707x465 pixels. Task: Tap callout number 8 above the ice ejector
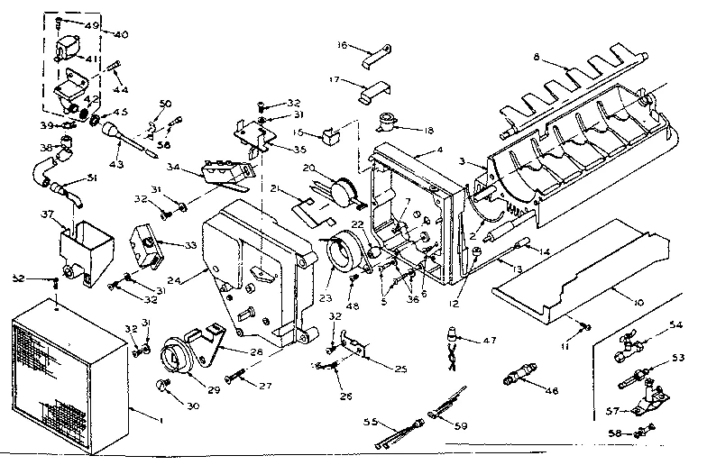pyautogui.click(x=537, y=57)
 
